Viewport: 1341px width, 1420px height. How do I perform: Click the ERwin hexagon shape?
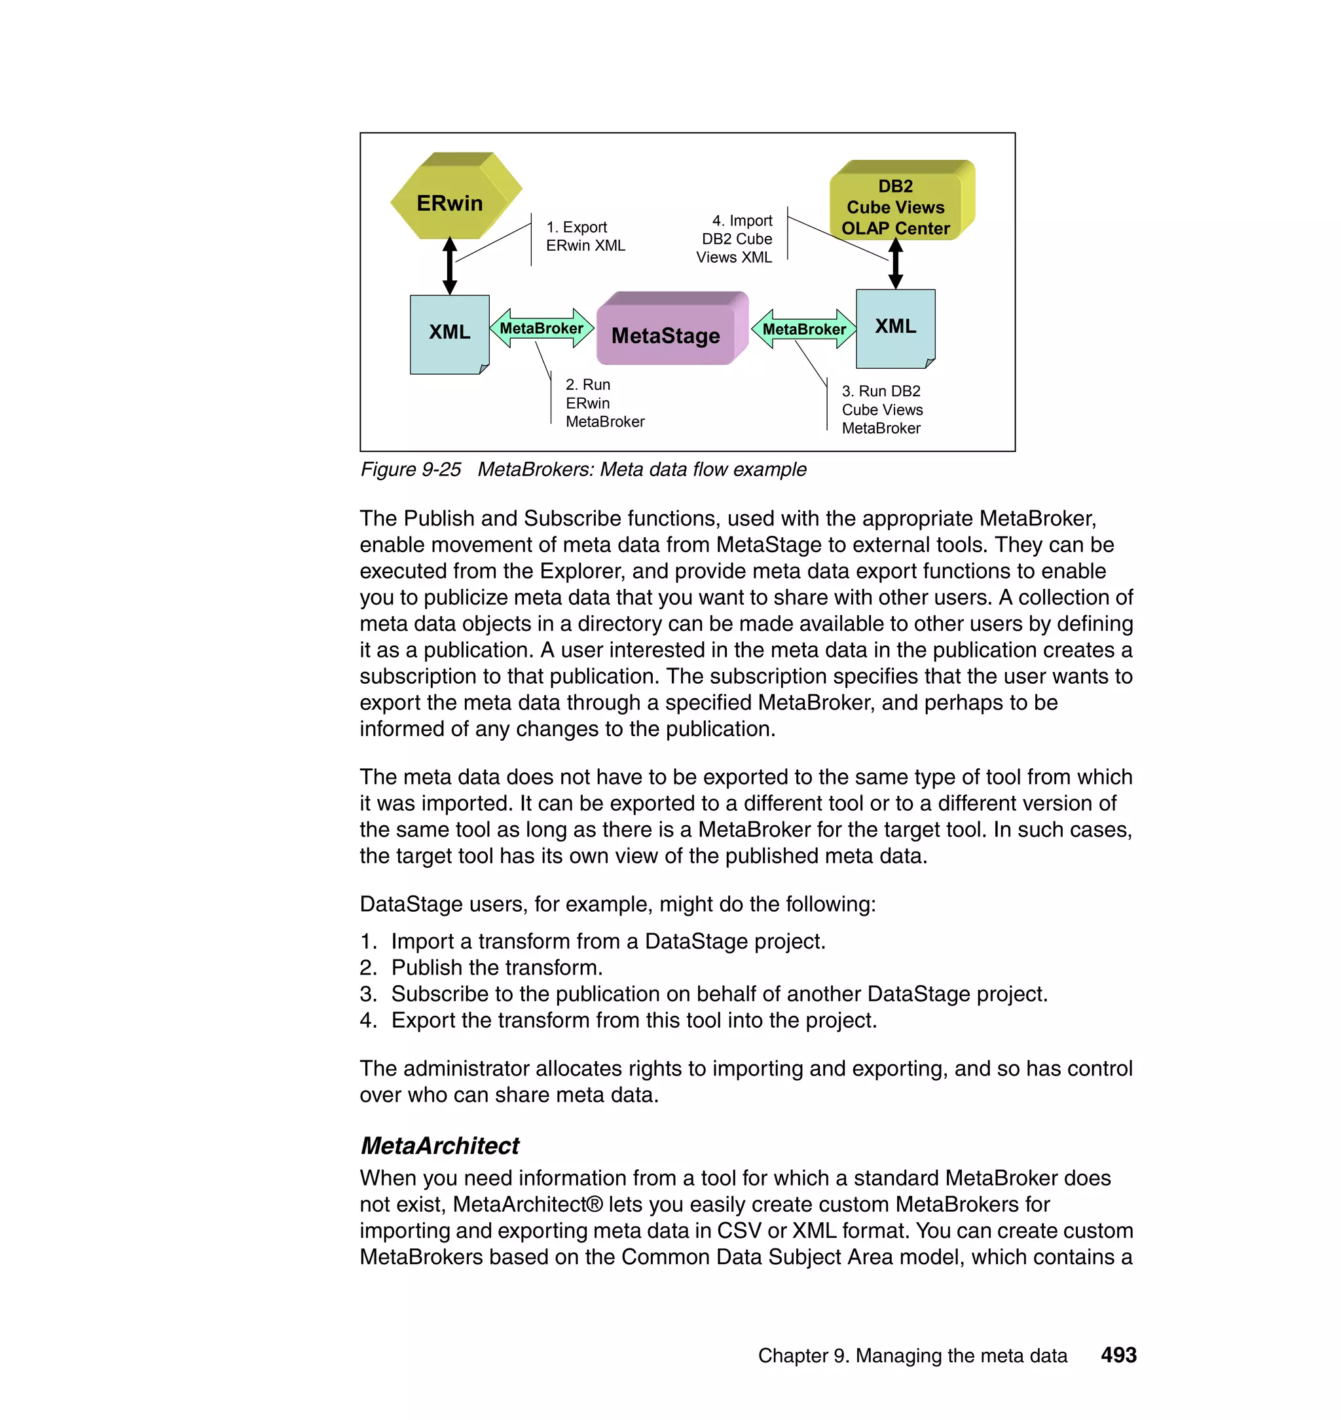coord(450,202)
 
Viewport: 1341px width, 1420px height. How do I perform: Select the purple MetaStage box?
coord(665,335)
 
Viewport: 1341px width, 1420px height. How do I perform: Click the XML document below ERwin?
coord(449,332)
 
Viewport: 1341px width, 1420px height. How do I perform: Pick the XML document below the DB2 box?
coord(895,327)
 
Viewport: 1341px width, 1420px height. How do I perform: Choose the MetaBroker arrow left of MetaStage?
coord(541,328)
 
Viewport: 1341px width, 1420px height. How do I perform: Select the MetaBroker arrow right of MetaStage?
coord(804,329)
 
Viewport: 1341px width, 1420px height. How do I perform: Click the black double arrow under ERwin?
coord(450,266)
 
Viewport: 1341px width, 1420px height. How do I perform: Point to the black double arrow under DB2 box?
coord(895,263)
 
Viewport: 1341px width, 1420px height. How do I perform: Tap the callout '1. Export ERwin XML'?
coord(585,236)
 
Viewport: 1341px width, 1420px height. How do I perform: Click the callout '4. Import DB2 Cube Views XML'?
coord(736,239)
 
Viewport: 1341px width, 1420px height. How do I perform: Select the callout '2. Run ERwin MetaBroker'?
coord(604,403)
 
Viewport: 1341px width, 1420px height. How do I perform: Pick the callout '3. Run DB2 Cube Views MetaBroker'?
coord(882,410)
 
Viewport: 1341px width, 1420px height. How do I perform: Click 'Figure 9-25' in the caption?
coord(411,470)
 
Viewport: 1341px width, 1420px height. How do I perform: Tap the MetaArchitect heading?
coord(439,1145)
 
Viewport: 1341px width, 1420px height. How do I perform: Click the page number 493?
coord(1118,1355)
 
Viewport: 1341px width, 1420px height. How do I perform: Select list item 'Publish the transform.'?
coord(497,967)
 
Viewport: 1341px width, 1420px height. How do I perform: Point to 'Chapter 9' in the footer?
coord(803,1356)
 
